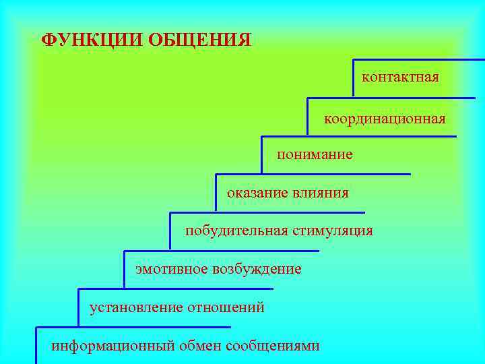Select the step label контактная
pos(400,77)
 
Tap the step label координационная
pos(385,119)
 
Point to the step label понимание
pos(315,155)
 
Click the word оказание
pos(257,193)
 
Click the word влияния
pos(321,193)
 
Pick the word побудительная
pos(237,231)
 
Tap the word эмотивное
pos(171,269)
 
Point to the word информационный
pos(113,346)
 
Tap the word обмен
pos(200,346)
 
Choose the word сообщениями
pos(273,346)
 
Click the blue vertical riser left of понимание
pos(261,154)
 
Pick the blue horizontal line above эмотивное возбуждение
pos(222,251)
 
